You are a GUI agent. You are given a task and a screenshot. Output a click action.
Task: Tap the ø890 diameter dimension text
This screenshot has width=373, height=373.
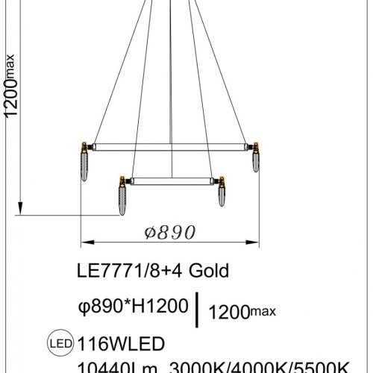click(168, 232)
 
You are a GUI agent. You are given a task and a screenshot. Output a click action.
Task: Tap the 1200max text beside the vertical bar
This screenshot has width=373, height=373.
click(236, 308)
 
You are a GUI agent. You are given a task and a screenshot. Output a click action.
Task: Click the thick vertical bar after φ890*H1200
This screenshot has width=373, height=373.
click(197, 310)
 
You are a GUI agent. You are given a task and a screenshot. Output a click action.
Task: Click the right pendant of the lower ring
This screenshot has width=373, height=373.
click(221, 195)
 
